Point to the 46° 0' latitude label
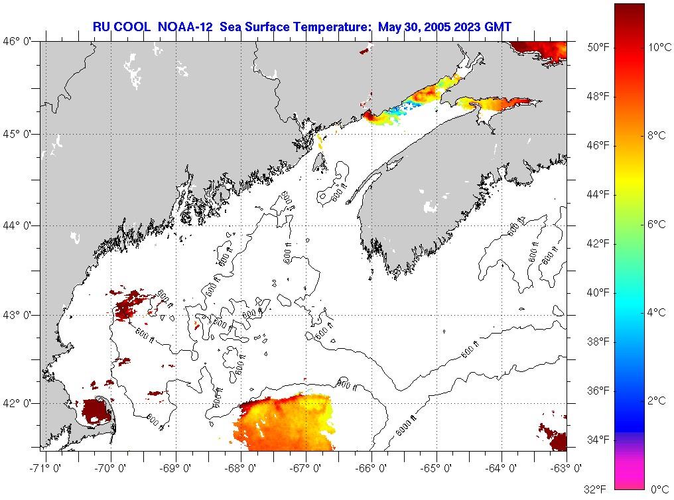click(18, 41)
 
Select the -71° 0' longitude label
click(46, 469)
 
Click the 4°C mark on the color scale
click(656, 312)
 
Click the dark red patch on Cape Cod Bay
click(93, 412)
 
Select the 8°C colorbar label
click(656, 135)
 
